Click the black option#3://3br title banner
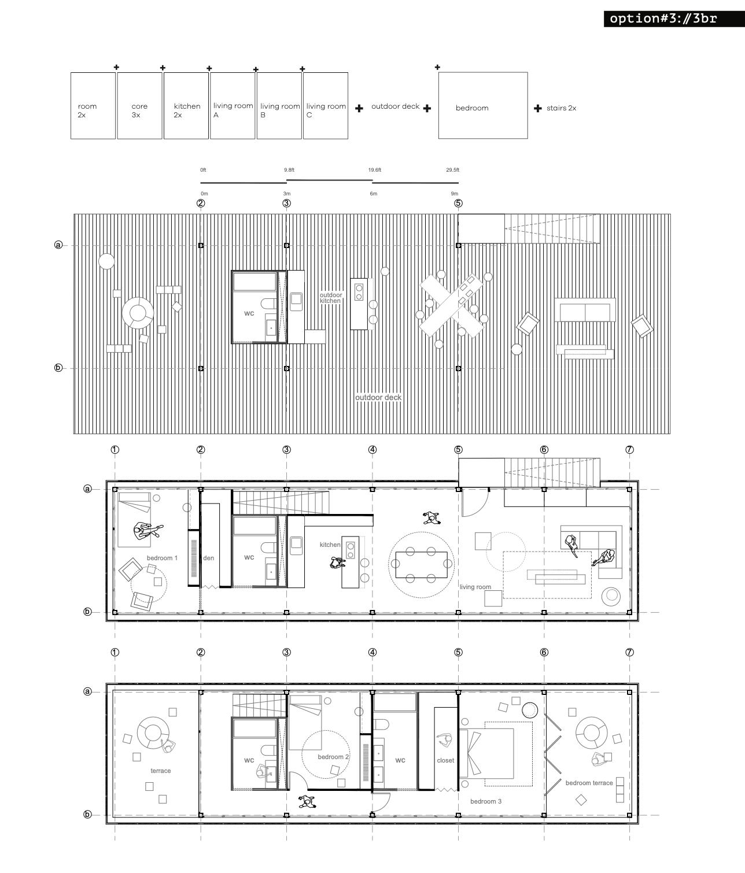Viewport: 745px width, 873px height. point(674,19)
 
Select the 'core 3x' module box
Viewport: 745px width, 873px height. point(139,106)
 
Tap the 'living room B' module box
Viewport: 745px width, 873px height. point(279,106)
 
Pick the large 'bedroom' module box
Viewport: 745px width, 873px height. point(483,105)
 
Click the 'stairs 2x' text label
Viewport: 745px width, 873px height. point(561,108)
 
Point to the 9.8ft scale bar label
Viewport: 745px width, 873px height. point(289,170)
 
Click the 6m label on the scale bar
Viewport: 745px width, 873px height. point(374,194)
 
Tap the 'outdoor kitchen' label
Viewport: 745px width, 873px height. point(330,298)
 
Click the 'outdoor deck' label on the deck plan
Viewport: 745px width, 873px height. point(378,397)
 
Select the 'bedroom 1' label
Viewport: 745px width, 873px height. point(163,558)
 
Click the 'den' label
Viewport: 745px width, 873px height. point(208,558)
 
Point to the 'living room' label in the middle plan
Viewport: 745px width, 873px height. point(475,587)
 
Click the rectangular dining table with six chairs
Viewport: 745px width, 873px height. point(421,565)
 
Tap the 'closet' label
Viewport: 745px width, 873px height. point(445,760)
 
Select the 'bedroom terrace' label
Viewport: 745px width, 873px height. point(589,783)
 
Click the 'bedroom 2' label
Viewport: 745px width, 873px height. point(333,756)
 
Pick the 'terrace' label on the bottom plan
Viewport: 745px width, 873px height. point(161,771)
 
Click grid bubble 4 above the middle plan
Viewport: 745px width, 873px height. point(372,450)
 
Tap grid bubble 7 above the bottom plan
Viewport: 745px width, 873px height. point(630,652)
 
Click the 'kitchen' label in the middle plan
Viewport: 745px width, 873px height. point(330,545)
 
